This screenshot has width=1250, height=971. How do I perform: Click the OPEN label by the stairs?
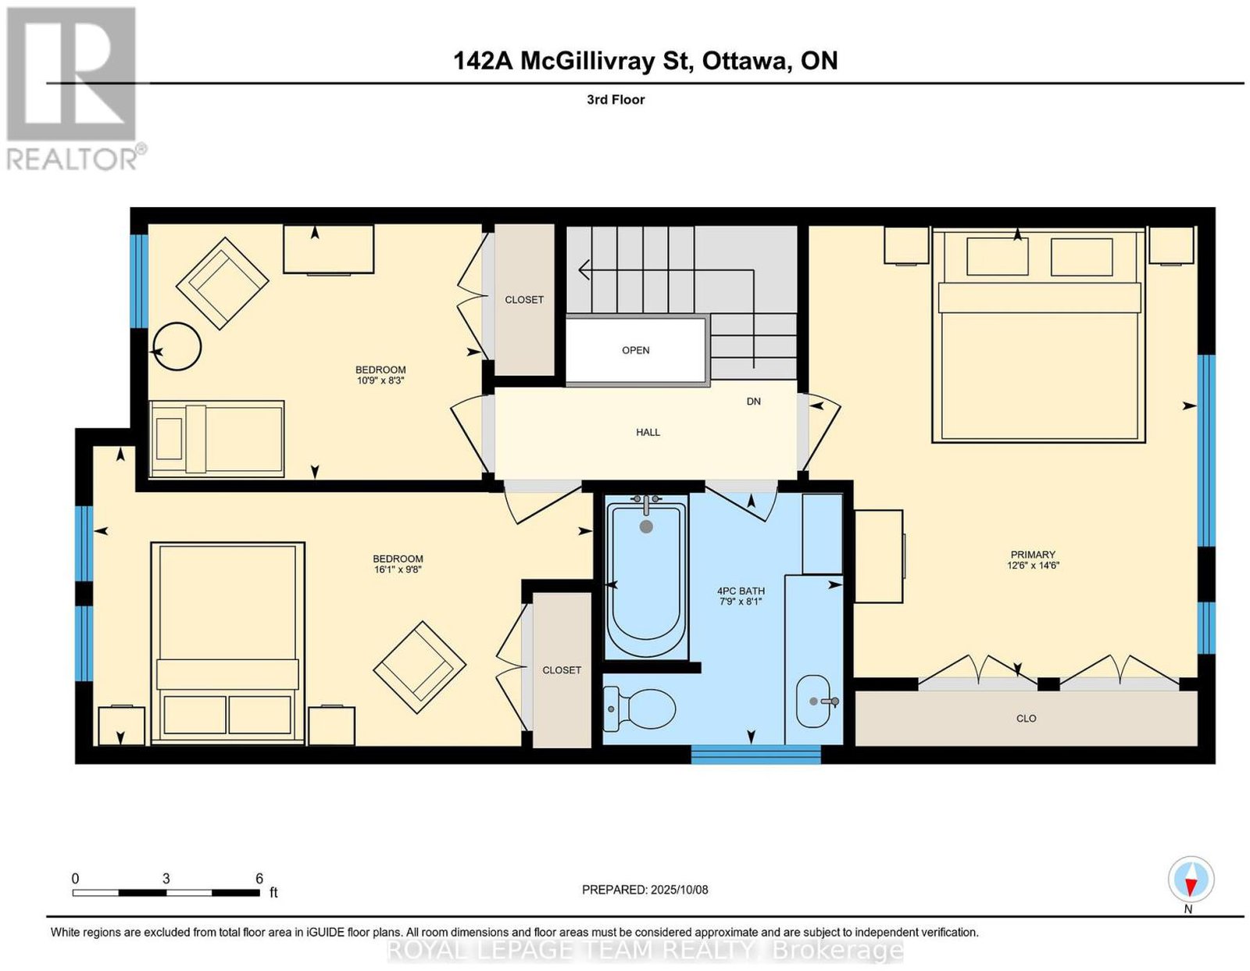pos(636,350)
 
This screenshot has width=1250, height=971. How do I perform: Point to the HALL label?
pos(648,432)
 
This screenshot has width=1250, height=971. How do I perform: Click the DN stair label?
pos(754,402)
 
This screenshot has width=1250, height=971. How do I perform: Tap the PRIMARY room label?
pos(1033,554)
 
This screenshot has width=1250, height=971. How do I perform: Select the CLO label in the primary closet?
pos(1027,718)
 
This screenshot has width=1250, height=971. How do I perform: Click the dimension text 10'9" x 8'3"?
pos(380,380)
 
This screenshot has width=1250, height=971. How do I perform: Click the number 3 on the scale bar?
pos(166,879)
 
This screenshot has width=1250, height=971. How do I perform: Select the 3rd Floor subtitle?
pos(616,99)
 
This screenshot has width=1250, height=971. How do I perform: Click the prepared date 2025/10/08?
pos(680,889)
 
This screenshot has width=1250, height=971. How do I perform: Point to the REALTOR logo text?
pos(73,159)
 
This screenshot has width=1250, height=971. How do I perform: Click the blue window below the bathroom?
pos(755,755)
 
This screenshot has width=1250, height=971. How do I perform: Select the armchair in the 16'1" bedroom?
pos(419,667)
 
